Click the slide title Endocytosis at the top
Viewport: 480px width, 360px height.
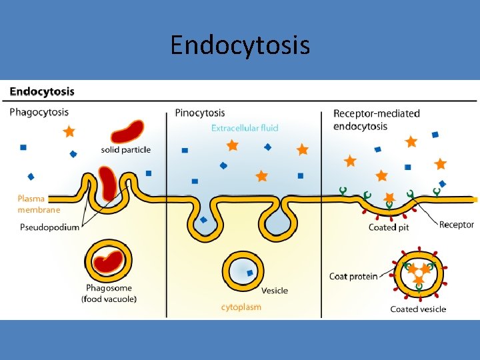click(239, 45)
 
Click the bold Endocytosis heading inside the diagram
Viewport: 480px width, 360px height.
click(42, 91)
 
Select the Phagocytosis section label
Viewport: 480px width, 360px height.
click(39, 112)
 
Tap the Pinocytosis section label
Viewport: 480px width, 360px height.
click(200, 113)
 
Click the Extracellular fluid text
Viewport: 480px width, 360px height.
click(245, 128)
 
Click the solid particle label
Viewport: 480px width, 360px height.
click(126, 150)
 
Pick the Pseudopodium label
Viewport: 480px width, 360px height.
click(49, 227)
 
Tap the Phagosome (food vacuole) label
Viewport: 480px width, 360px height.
click(109, 294)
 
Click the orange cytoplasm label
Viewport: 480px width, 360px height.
click(241, 307)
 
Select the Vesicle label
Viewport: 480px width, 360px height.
click(275, 291)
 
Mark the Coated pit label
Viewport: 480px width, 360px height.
click(389, 227)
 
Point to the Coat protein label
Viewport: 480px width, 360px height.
click(353, 276)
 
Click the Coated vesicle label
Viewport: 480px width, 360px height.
click(418, 309)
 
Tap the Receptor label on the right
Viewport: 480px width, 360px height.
click(457, 225)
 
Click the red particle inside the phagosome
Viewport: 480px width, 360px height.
click(108, 262)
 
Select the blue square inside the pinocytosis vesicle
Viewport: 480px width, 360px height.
click(250, 273)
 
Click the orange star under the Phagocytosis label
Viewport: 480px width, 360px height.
click(69, 132)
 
